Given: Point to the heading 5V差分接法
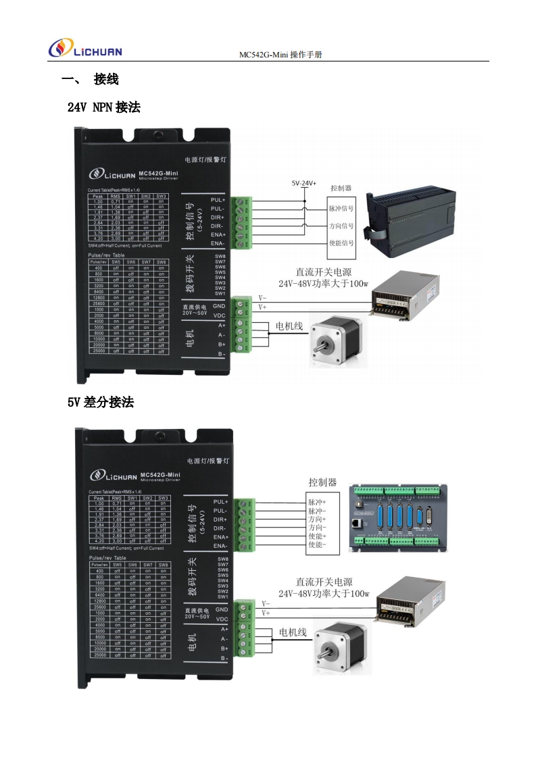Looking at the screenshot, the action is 100,403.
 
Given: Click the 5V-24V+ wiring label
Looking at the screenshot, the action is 303,183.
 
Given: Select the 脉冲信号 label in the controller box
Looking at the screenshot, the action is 341,209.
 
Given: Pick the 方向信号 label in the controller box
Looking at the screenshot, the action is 341,226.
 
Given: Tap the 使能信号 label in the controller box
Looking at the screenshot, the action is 341,243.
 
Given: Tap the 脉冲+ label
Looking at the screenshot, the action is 317,503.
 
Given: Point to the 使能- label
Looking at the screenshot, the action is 317,545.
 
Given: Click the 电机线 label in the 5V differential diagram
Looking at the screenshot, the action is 293,632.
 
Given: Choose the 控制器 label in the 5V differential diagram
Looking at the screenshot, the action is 322,482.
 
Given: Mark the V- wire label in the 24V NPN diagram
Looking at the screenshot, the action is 262,297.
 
